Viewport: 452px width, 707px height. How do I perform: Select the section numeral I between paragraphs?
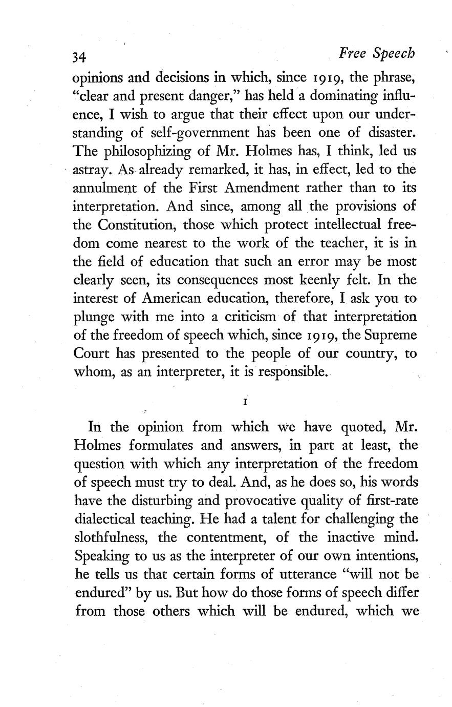click(x=246, y=402)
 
